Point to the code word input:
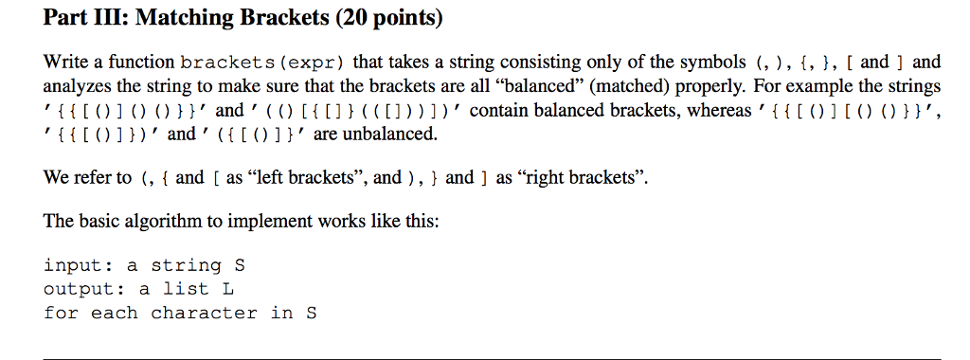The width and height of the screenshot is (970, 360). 79,265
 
